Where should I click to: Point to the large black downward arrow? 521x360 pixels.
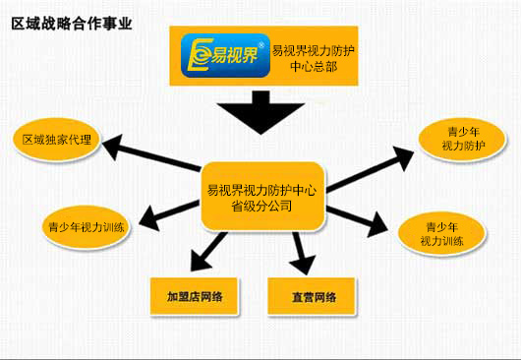tap(260, 112)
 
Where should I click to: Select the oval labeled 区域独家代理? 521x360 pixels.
tap(58, 140)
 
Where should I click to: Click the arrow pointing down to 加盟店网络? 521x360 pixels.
tap(203, 254)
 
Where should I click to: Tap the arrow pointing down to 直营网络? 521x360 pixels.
tap(303, 254)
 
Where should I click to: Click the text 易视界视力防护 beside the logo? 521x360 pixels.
tap(315, 49)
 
